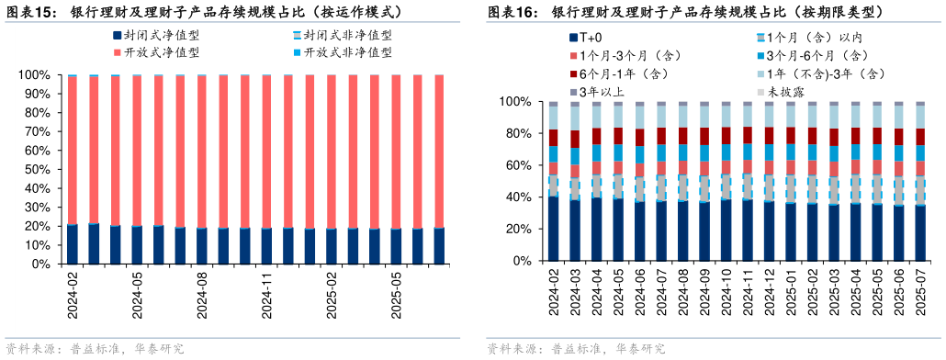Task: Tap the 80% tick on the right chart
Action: click(x=517, y=134)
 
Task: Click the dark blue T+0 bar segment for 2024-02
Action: click(x=553, y=229)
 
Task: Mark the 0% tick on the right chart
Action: click(x=521, y=261)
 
